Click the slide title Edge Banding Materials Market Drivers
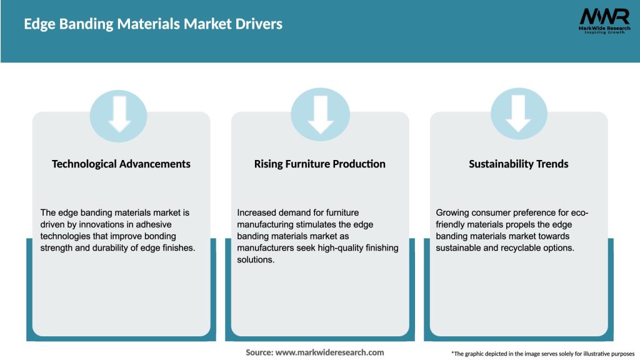[153, 24]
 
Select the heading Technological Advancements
[121, 164]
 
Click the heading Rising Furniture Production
[319, 164]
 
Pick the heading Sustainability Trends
[518, 164]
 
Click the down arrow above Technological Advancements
[119, 115]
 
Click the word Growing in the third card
[453, 212]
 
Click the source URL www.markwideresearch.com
[329, 352]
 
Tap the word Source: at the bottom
[259, 352]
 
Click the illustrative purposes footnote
[542, 354]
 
